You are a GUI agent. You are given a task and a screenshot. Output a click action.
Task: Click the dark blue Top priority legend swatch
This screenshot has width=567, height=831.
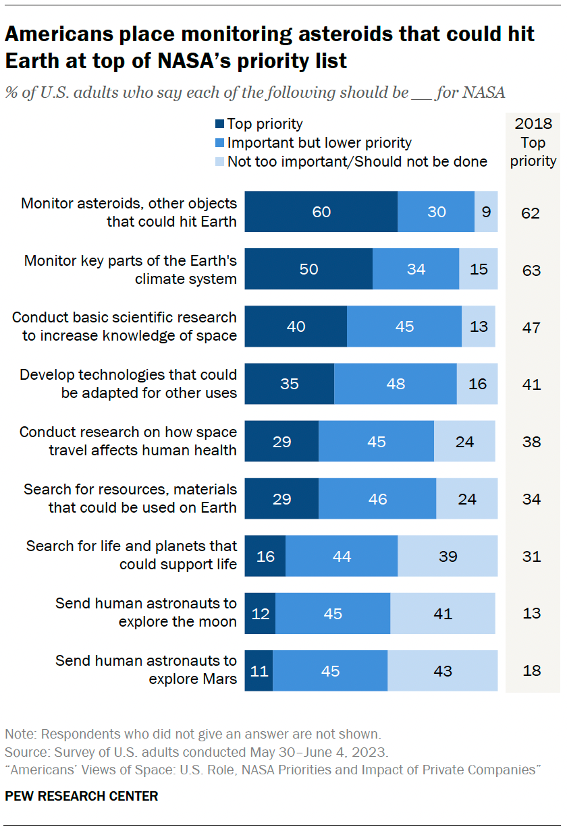219,124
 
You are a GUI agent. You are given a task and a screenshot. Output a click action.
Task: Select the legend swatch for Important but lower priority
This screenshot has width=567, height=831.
219,143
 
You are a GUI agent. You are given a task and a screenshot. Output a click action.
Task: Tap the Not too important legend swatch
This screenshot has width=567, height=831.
219,162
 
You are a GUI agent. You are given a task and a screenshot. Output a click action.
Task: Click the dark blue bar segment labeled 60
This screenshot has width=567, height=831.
321,212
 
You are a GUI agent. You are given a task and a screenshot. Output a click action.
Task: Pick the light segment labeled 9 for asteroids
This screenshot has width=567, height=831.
487,212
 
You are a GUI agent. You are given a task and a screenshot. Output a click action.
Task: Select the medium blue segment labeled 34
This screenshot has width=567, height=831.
416,269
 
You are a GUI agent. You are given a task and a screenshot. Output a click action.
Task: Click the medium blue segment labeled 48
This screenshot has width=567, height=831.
395,384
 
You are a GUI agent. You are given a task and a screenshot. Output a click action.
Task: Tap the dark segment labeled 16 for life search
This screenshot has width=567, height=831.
265,556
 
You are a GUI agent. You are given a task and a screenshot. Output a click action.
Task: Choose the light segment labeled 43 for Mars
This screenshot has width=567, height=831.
443,671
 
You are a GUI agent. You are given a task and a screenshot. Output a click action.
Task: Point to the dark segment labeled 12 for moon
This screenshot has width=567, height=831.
260,614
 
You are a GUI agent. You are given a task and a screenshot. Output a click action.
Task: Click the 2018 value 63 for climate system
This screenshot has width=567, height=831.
531,270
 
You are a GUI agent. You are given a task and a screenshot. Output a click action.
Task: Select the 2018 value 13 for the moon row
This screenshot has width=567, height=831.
531,614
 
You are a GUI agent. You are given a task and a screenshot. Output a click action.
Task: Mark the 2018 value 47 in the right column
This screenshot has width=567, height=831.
531,328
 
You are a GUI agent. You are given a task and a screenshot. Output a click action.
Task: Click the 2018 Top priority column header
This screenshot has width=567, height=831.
533,142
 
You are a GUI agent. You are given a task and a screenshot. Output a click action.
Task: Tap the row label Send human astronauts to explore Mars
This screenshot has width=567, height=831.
146,670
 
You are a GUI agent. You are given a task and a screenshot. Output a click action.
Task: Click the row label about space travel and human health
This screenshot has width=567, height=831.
128,440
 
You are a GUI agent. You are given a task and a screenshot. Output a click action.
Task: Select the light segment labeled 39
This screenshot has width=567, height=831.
448,556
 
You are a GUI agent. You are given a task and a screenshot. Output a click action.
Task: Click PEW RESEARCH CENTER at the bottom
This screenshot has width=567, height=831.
82,796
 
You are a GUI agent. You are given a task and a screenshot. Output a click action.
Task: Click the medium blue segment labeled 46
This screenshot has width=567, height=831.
377,499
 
